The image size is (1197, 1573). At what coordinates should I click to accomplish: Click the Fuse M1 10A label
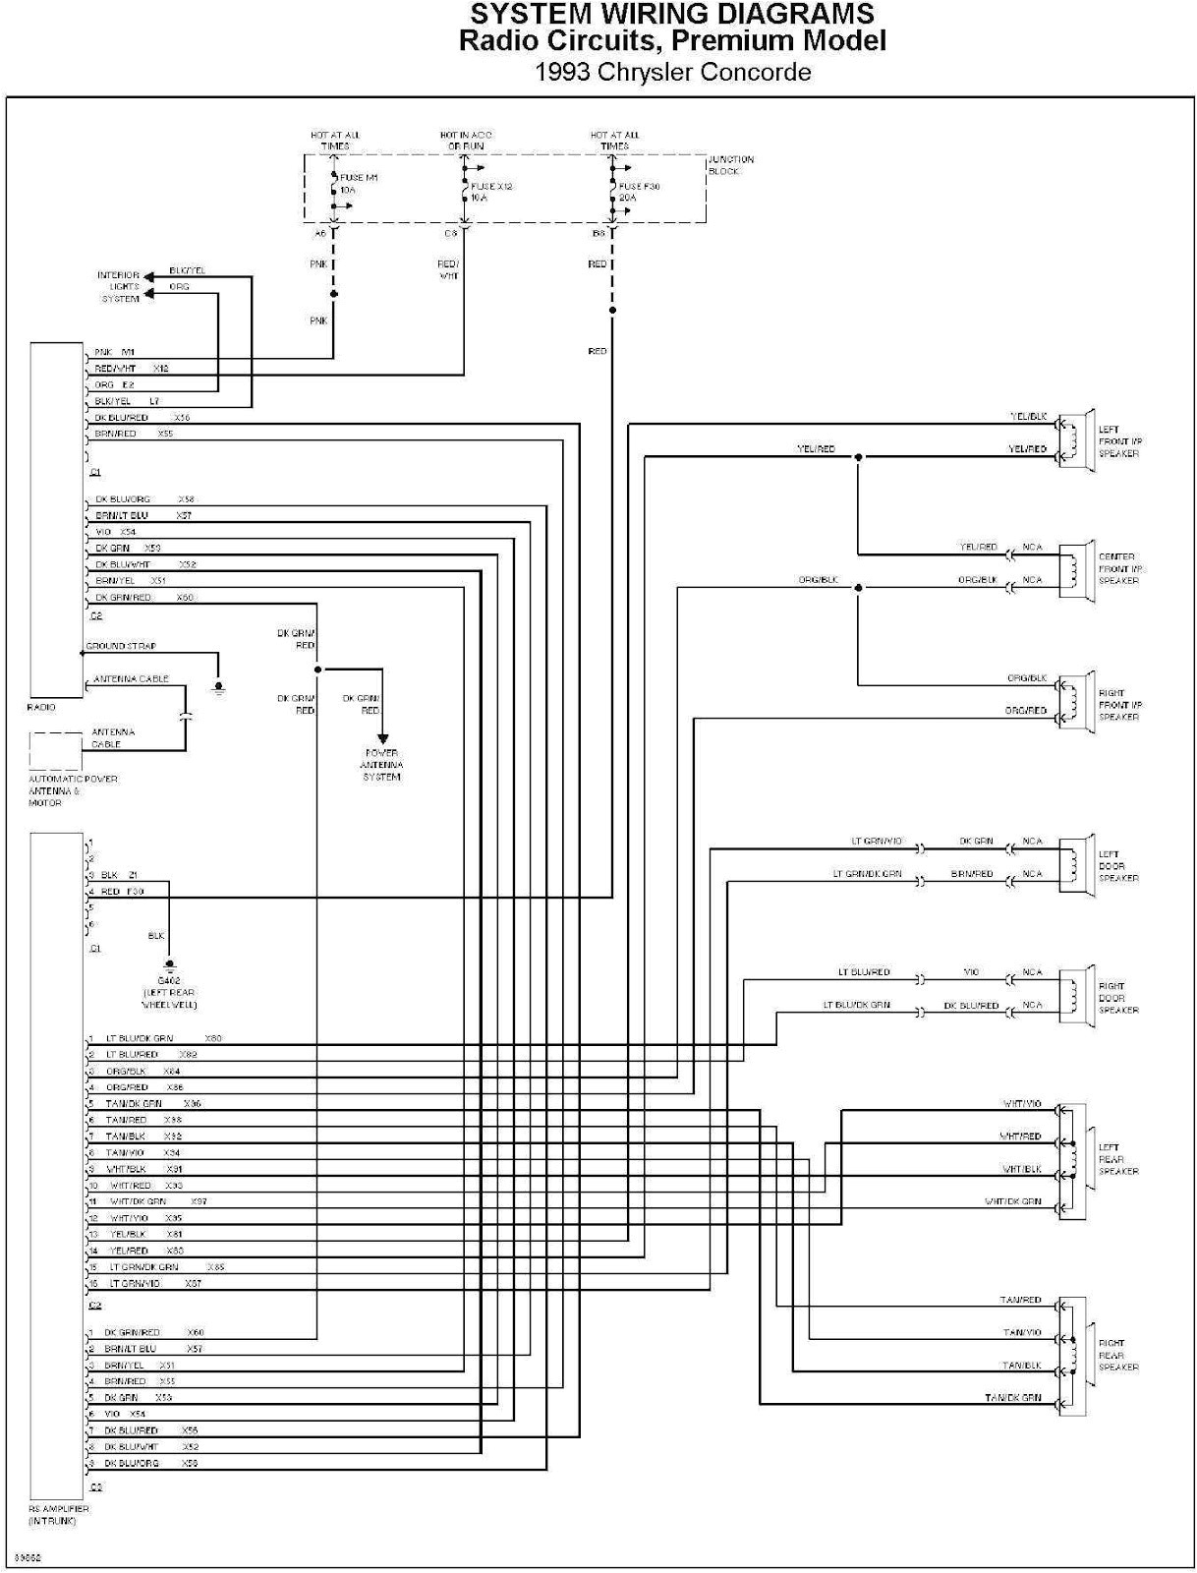tap(358, 184)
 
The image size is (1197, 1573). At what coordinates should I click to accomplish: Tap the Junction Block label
tap(731, 165)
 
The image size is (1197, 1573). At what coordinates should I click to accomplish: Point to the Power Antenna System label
tap(381, 765)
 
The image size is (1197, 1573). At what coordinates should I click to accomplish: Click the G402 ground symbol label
tap(169, 993)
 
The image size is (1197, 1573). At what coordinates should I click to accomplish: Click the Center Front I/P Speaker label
tap(1119, 569)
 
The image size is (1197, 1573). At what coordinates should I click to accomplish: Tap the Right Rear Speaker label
tap(1118, 1355)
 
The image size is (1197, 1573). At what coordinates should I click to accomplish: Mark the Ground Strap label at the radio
tap(121, 646)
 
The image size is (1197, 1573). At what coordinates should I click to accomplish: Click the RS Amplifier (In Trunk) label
tap(59, 1514)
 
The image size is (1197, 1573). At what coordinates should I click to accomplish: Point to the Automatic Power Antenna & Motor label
tap(72, 790)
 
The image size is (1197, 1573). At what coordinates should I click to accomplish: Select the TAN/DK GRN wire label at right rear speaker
tap(1012, 1397)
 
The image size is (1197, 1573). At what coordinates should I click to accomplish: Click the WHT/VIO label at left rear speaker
tap(1021, 1104)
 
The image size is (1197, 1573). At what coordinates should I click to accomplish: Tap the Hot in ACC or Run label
tap(466, 141)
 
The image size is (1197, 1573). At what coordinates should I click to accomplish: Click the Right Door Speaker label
tap(1118, 998)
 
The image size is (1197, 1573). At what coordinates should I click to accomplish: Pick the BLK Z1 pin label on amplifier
tap(119, 875)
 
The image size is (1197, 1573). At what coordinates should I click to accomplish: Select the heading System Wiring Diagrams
tap(672, 14)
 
